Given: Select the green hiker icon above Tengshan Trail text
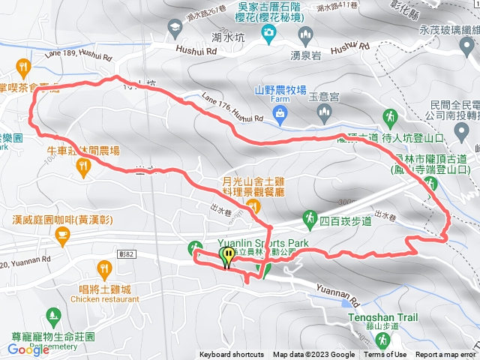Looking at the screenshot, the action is pos(382,340).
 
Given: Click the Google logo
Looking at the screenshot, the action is pos(28,349).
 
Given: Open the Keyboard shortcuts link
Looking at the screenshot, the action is pos(231,355).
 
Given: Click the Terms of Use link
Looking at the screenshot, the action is pos(385,355).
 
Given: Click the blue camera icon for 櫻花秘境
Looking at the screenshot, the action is pos(268,32).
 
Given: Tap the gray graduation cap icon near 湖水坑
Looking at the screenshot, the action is pos(174,28).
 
